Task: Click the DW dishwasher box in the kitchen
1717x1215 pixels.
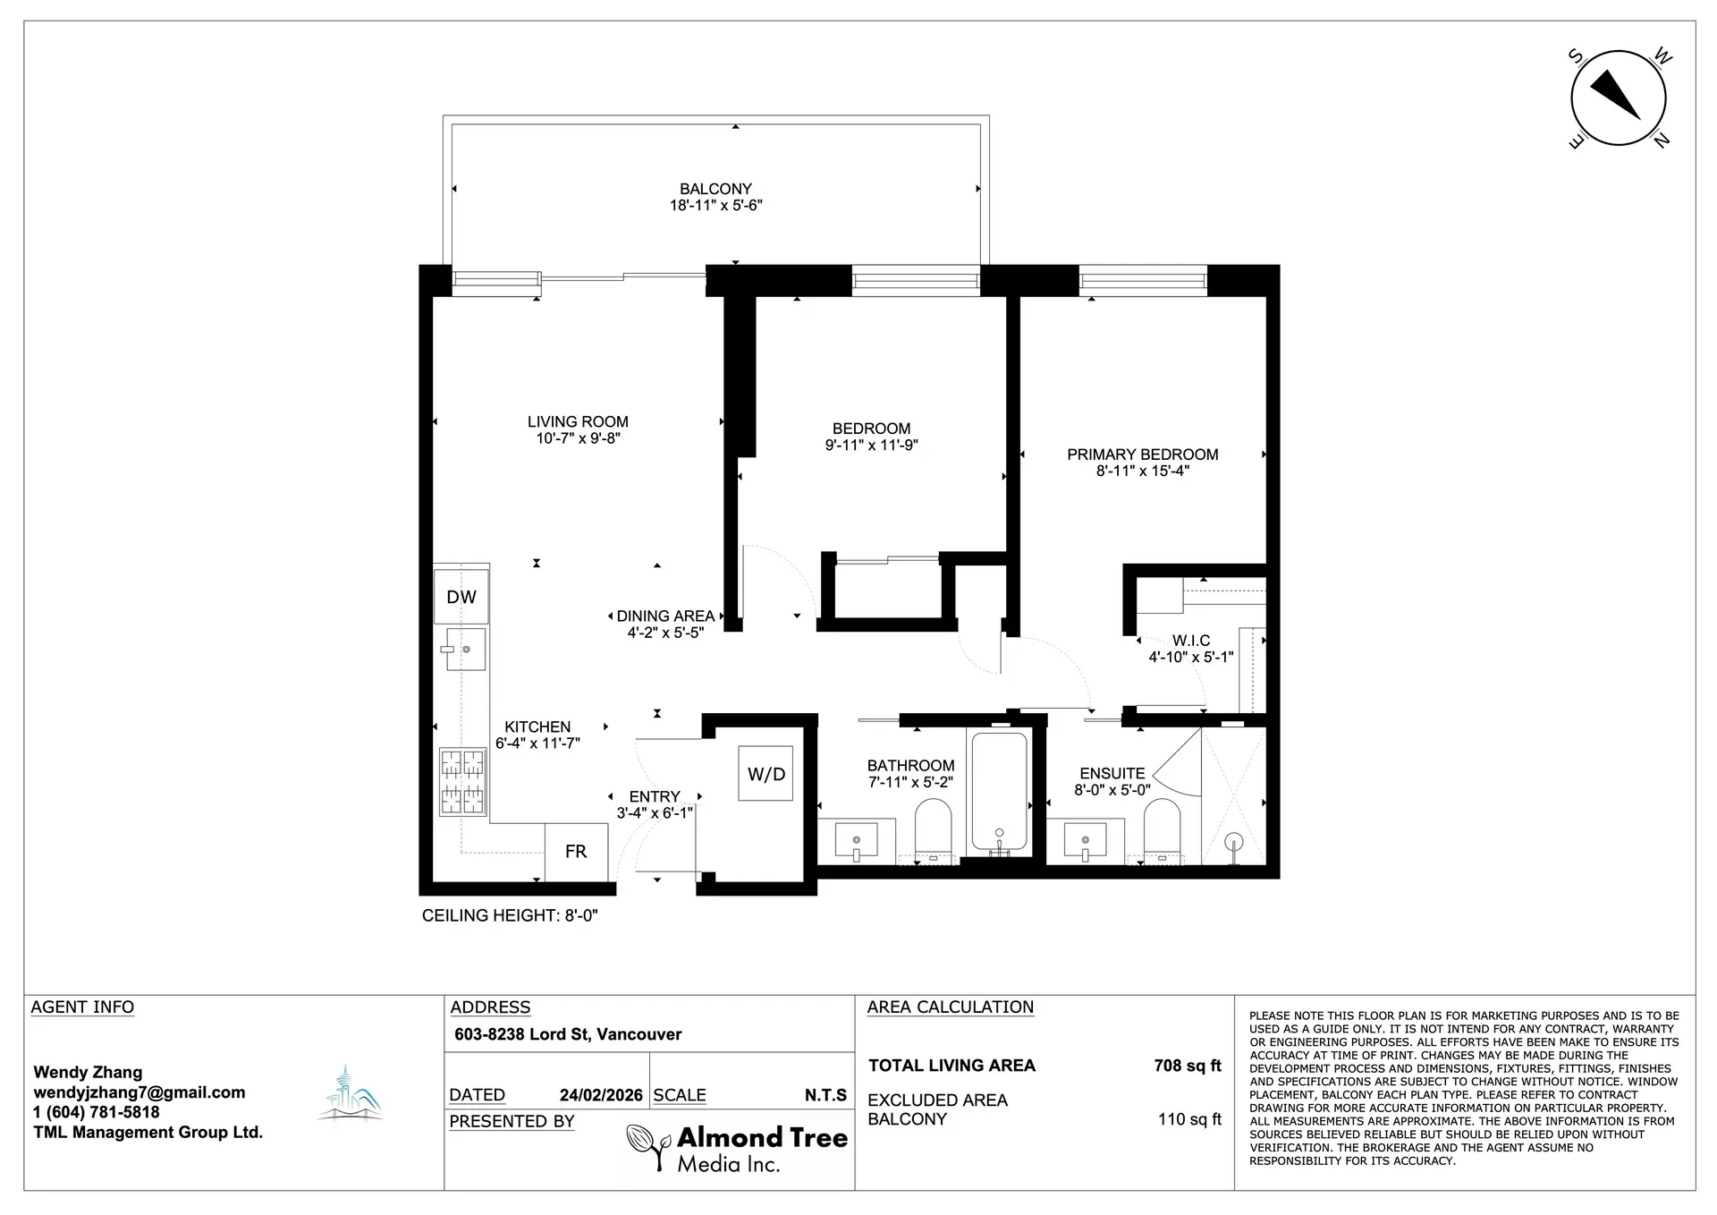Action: [461, 597]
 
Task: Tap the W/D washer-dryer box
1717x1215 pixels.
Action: [765, 773]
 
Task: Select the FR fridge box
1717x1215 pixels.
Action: [577, 852]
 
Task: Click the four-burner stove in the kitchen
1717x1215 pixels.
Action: [462, 782]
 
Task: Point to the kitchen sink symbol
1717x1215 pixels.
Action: [462, 649]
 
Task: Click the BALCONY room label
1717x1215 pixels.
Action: [715, 189]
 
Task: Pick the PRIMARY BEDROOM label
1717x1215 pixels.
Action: [1143, 455]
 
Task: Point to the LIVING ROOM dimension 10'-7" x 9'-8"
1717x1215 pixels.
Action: [578, 438]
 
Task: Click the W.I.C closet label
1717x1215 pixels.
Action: [1191, 641]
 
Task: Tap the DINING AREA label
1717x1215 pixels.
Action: [665, 616]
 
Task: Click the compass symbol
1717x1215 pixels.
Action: [1619, 98]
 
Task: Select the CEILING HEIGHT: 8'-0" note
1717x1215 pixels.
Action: [510, 915]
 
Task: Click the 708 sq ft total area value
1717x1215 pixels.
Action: [1188, 1066]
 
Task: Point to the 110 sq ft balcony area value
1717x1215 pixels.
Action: [1189, 1119]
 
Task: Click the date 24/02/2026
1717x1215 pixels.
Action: [601, 1095]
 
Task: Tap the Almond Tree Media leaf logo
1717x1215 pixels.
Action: [647, 1148]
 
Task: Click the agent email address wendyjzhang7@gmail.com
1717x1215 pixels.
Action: [140, 1092]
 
